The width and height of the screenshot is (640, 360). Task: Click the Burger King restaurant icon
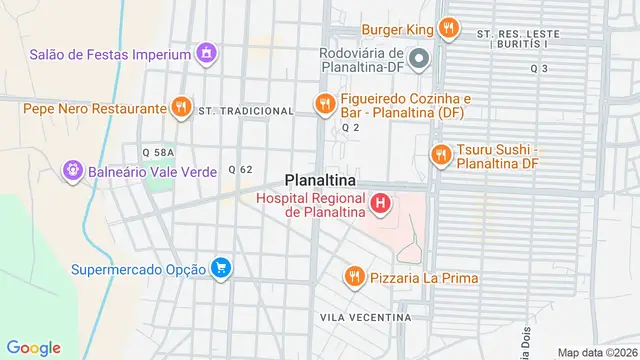449,29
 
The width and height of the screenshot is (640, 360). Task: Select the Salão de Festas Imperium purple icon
206,52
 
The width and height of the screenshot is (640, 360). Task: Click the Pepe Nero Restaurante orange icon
180,107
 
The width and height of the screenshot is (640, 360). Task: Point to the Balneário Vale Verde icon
72,172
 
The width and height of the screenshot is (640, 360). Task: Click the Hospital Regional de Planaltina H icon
380,205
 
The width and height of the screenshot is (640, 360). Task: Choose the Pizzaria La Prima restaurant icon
352,277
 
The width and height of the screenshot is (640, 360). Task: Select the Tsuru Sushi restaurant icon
439,155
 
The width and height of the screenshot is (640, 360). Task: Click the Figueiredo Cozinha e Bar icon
323,104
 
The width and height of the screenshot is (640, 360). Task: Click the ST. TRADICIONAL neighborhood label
245,111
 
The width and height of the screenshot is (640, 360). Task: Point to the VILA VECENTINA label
365,317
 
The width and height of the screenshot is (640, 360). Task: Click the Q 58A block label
158,151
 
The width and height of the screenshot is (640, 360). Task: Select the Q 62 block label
240,169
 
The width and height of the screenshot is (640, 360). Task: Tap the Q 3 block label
539,68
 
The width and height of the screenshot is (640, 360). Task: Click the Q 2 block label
350,128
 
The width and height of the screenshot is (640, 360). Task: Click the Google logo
33,347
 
